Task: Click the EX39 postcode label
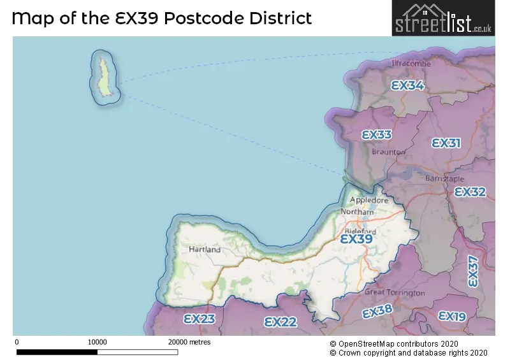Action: [356, 239]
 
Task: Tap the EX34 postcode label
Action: [407, 85]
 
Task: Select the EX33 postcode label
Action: [376, 135]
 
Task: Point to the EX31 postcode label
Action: [446, 143]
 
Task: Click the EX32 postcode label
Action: [470, 192]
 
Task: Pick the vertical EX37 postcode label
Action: [472, 271]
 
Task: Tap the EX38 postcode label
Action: [377, 312]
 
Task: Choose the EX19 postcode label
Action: [452, 316]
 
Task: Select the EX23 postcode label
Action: [199, 319]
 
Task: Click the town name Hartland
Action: [205, 250]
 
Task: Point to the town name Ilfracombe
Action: [411, 64]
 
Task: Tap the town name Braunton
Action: [388, 152]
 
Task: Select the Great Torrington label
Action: [395, 292]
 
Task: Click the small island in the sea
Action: [105, 76]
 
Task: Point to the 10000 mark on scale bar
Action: [97, 342]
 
